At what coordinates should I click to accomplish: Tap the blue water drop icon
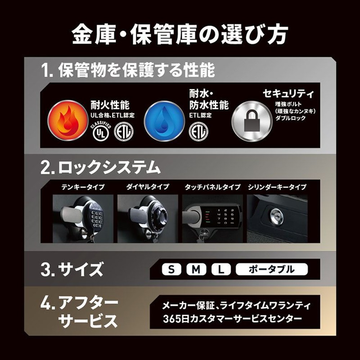click(x=164, y=120)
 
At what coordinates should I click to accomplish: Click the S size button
click(x=172, y=269)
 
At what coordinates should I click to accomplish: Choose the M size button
click(x=196, y=269)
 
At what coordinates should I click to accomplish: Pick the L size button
click(x=221, y=269)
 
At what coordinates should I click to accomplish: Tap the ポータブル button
click(x=272, y=269)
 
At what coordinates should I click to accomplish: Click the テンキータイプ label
click(x=83, y=187)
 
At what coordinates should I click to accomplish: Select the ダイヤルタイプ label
click(x=148, y=187)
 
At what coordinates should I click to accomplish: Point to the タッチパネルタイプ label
click(x=212, y=187)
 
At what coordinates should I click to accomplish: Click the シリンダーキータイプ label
click(x=277, y=187)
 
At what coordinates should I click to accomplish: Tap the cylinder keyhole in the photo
click(x=276, y=216)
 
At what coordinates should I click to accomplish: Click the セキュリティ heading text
click(x=288, y=94)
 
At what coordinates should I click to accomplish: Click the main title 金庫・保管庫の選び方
click(x=180, y=35)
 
